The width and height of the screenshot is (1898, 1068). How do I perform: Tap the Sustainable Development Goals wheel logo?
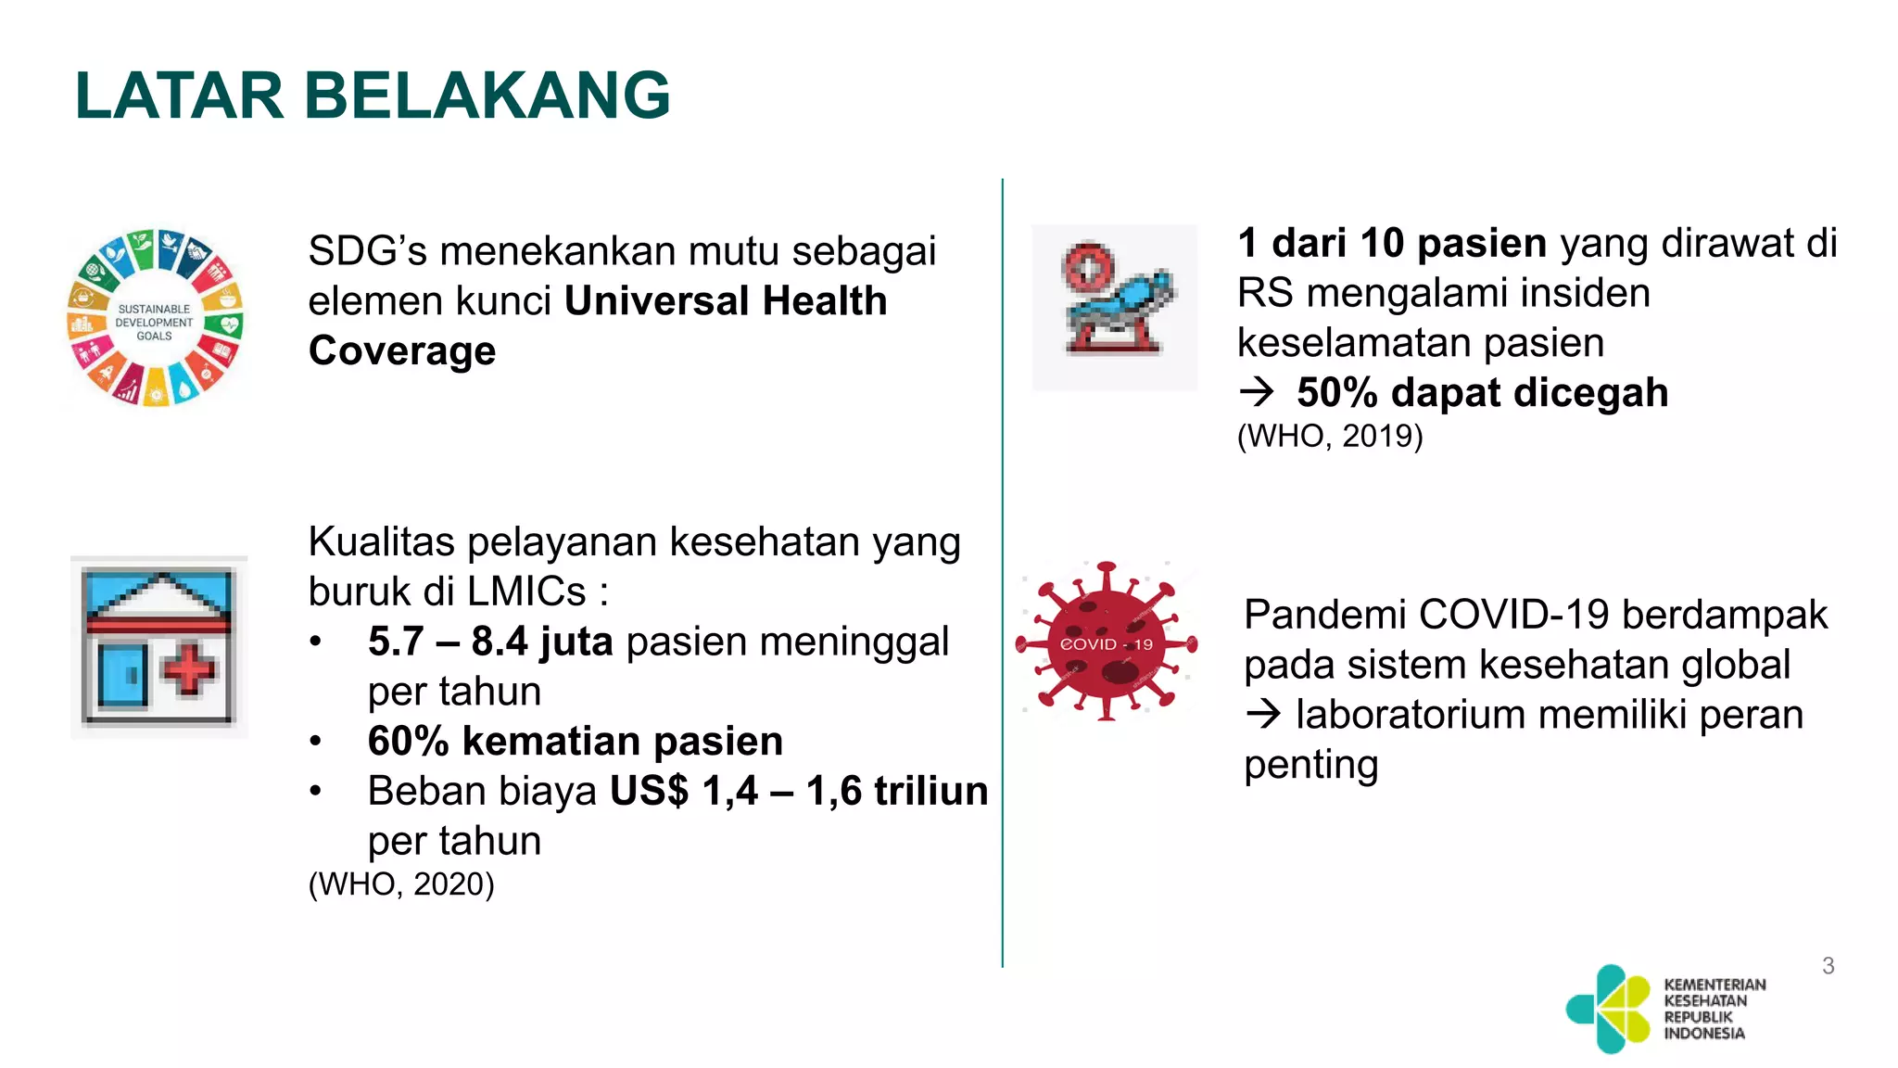coord(156,318)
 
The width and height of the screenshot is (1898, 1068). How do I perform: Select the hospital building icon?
coord(158,646)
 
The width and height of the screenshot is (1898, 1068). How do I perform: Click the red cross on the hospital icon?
coord(190,668)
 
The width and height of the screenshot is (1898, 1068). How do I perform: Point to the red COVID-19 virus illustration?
coord(1107,642)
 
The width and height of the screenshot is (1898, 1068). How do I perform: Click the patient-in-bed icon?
coord(1115,307)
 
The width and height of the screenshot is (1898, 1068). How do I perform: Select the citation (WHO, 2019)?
coord(1330,436)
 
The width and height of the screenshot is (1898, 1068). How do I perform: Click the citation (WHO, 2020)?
coord(401,884)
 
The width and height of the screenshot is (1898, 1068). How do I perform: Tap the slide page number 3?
coord(1828,966)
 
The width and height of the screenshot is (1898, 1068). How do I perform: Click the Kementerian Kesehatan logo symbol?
coord(1610,1009)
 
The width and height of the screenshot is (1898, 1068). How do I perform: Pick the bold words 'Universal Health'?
coord(726,301)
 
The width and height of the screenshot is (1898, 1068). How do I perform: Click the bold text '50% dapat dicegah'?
coord(1482,392)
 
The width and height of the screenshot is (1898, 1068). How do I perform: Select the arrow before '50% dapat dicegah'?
coord(1258,393)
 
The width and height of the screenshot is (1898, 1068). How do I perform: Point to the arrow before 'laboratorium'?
coord(1263,715)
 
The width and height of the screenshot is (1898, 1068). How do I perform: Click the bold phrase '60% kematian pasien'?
coord(575,741)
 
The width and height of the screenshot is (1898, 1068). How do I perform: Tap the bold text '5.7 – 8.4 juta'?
coord(489,642)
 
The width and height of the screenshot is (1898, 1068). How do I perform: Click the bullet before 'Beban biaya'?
coord(316,792)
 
